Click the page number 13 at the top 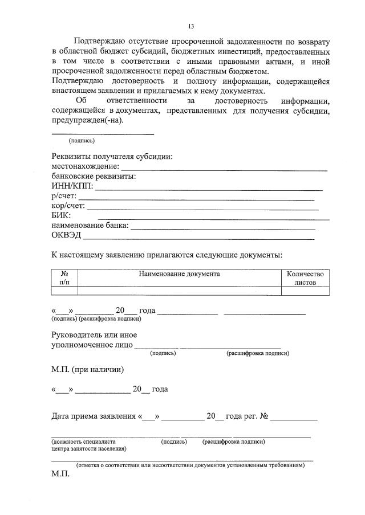point(191,26)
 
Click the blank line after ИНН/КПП point(209,189)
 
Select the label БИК point(61,215)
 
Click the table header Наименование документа point(179,274)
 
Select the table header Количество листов point(305,278)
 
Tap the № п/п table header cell point(64,278)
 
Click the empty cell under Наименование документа point(179,291)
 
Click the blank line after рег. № point(294,419)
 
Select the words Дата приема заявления point(94,416)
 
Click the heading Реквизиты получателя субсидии point(112,157)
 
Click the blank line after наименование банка point(223,228)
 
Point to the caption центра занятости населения point(89,448)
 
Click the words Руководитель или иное point(94,335)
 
